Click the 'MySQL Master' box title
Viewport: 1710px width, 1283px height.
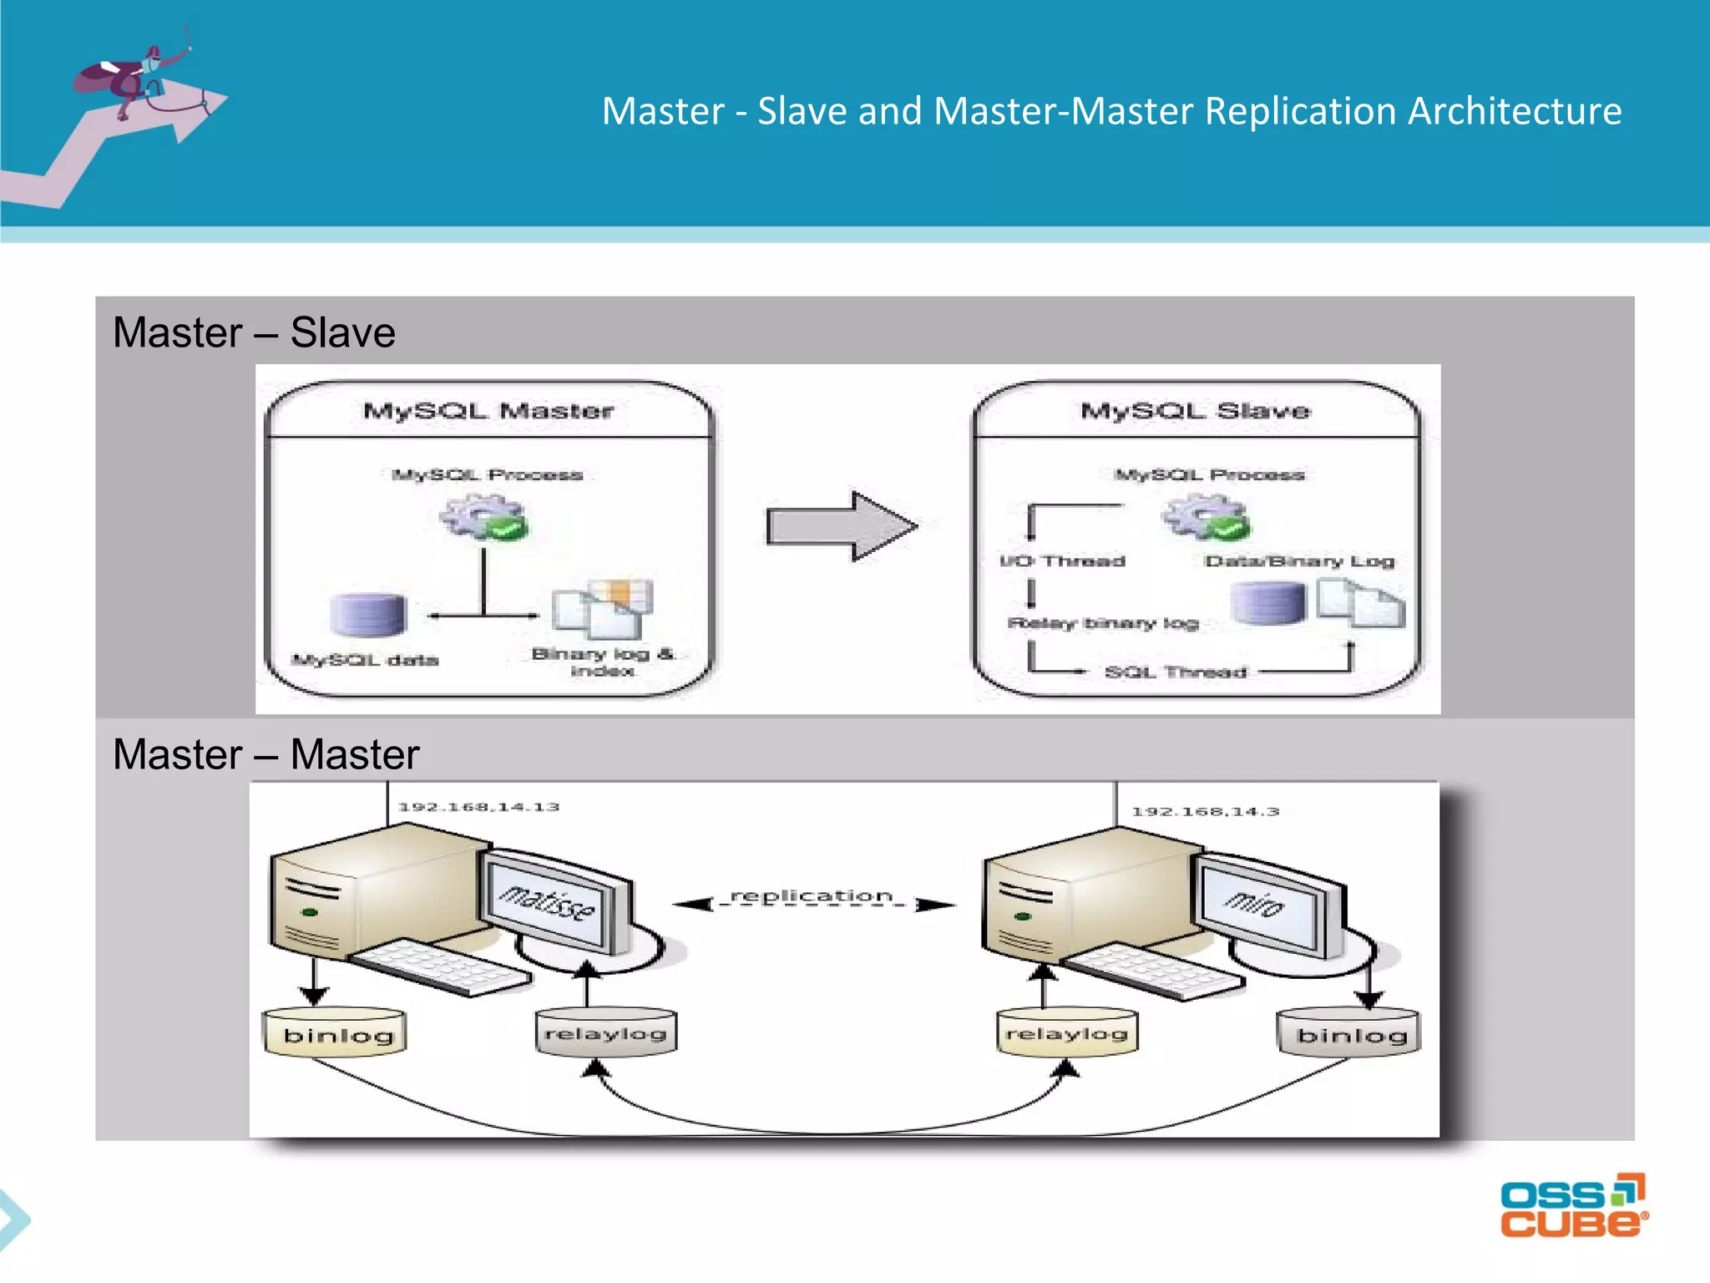pyautogui.click(x=488, y=411)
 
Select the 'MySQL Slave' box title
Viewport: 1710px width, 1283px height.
pyautogui.click(x=1195, y=411)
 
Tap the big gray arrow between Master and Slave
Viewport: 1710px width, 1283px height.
pyautogui.click(x=841, y=526)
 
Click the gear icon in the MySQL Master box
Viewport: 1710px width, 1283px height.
pyautogui.click(x=483, y=516)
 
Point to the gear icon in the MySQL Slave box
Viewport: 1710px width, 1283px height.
pyautogui.click(x=1205, y=516)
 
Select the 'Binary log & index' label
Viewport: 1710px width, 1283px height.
pyautogui.click(x=602, y=662)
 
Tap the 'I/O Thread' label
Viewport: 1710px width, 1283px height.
pyautogui.click(x=1062, y=561)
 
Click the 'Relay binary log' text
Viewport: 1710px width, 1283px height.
pyautogui.click(x=1103, y=623)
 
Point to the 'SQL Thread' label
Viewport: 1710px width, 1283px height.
pyautogui.click(x=1175, y=672)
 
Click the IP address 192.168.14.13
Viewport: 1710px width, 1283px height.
pyautogui.click(x=478, y=807)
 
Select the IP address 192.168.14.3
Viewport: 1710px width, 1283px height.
pyautogui.click(x=1205, y=811)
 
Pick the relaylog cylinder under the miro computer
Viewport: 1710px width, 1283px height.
pyautogui.click(x=1067, y=1032)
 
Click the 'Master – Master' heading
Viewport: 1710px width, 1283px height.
pyautogui.click(x=266, y=754)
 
